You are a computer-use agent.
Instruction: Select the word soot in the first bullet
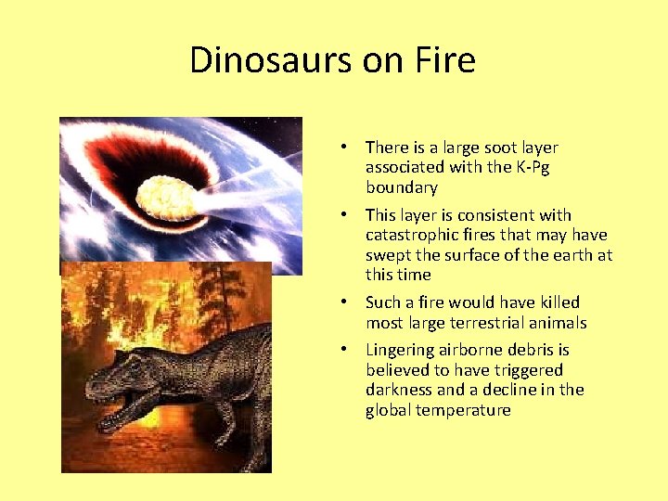coord(501,147)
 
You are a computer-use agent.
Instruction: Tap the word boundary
coord(401,187)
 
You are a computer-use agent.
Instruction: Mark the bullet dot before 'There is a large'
coord(343,147)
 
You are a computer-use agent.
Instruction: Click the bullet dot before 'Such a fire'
coord(343,302)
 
